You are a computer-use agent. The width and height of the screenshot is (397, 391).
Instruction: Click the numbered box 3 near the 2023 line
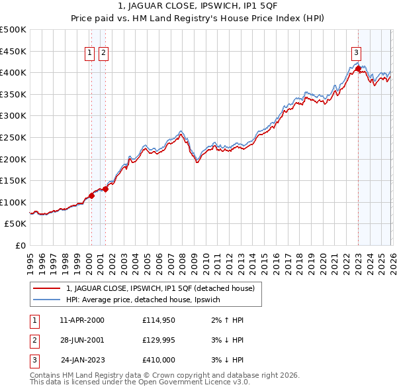click(x=356, y=54)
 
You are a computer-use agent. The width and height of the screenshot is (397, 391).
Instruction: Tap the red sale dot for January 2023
click(x=358, y=68)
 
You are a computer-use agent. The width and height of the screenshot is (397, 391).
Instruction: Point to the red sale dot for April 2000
click(x=91, y=195)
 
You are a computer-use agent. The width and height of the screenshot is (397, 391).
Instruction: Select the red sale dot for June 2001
click(x=105, y=189)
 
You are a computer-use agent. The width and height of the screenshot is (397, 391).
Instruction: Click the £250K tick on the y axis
click(x=13, y=137)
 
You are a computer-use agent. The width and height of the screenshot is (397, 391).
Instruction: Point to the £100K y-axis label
click(x=13, y=202)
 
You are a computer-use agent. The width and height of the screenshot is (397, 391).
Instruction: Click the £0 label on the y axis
click(x=20, y=246)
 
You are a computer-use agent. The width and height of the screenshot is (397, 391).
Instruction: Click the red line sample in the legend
click(x=47, y=288)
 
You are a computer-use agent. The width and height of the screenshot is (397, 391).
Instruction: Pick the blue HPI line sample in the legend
click(x=47, y=300)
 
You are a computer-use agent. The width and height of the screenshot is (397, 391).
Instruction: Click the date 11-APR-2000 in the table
click(x=82, y=320)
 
